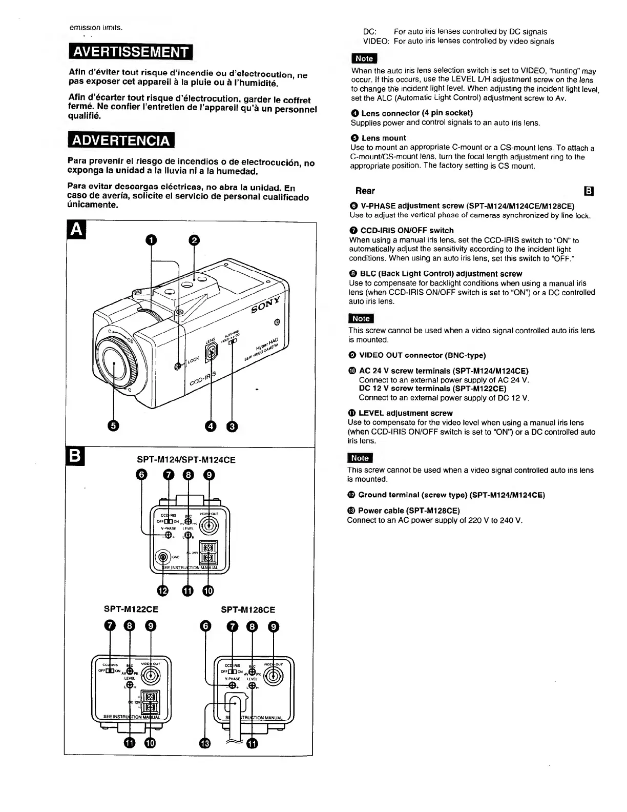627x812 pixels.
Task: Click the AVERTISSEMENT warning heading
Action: tap(129, 52)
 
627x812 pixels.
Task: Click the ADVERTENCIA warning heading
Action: tap(121, 139)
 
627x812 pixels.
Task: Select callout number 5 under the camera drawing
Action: tap(113, 426)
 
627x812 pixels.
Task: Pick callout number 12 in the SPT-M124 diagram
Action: tap(163, 591)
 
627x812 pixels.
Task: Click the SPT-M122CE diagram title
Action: tap(131, 610)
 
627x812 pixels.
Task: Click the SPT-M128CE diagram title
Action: tap(248, 610)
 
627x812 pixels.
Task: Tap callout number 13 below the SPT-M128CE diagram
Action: tap(205, 743)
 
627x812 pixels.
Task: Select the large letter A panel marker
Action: tap(75, 231)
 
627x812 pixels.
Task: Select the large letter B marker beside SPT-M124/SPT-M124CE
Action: tap(75, 456)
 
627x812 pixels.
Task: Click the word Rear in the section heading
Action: tap(365, 191)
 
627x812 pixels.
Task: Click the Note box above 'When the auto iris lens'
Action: tap(364, 58)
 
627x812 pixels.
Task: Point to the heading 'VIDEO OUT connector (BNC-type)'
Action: tap(422, 355)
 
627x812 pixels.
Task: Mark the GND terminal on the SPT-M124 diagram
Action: tap(163, 557)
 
